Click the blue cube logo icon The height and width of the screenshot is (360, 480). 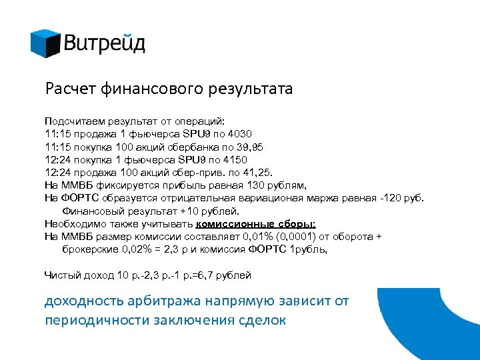point(45,43)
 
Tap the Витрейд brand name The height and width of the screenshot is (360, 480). point(105,45)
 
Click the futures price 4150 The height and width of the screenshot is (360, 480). point(233,160)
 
